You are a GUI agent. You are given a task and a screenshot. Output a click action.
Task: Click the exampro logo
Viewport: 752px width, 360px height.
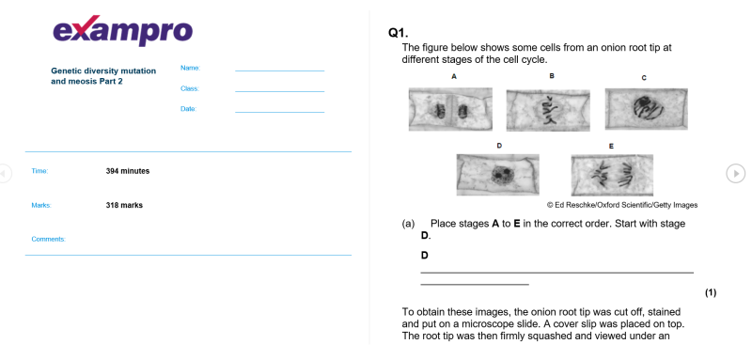pyautogui.click(x=123, y=31)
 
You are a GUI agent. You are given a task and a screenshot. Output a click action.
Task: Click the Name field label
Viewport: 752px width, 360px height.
pyautogui.click(x=191, y=68)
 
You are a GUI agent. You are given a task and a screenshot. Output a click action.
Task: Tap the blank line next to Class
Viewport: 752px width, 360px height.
pyautogui.click(x=279, y=91)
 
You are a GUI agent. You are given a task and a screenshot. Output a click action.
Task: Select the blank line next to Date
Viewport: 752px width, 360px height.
pyautogui.click(x=279, y=112)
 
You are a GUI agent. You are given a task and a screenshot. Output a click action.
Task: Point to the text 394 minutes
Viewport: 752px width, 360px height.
pyautogui.click(x=128, y=171)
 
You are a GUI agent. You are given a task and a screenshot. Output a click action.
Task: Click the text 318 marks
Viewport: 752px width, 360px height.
pyautogui.click(x=124, y=205)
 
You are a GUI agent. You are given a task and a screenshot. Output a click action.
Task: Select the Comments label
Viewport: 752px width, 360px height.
pyautogui.click(x=49, y=239)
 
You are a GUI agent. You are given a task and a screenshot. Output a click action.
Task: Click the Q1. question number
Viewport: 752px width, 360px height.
pyautogui.click(x=398, y=33)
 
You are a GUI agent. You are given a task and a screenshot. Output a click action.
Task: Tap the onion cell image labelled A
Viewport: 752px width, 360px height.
pyautogui.click(x=450, y=109)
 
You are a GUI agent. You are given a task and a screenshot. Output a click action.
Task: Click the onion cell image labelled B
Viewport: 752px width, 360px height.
pyautogui.click(x=548, y=110)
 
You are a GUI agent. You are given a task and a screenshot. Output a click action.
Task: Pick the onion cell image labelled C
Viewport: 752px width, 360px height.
pyautogui.click(x=646, y=109)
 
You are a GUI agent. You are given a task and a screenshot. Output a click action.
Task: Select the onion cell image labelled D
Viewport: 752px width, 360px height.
pyautogui.click(x=498, y=175)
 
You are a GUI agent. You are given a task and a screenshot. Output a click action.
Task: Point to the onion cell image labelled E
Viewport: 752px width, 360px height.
pyautogui.click(x=612, y=175)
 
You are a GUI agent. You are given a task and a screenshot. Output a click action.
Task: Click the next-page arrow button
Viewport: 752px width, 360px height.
pyautogui.click(x=736, y=173)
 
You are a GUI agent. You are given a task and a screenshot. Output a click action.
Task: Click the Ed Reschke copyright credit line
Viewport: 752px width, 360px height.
pyautogui.click(x=622, y=205)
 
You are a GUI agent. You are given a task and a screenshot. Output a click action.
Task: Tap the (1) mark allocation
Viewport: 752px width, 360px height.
pyautogui.click(x=711, y=292)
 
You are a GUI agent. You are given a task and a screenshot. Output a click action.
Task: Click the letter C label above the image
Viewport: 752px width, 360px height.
pyautogui.click(x=644, y=78)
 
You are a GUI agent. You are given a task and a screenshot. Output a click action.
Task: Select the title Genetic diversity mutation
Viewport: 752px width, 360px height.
pyautogui.click(x=103, y=70)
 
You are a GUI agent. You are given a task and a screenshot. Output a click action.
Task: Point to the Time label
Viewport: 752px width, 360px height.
pyautogui.click(x=39, y=171)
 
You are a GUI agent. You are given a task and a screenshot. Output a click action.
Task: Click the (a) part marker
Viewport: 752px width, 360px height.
pyautogui.click(x=408, y=224)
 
